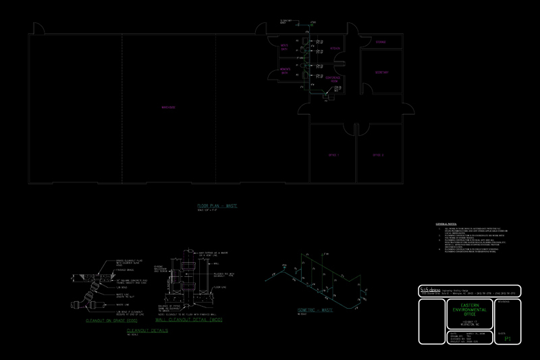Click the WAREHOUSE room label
point(168,107)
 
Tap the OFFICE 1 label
point(332,155)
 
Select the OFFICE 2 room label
point(378,155)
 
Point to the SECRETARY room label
point(382,73)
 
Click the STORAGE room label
point(381,42)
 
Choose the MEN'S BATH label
point(284,48)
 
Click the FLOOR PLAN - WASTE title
point(217,205)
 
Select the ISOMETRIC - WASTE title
point(315,310)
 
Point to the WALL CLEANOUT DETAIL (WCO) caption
point(189,321)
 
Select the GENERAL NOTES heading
point(446,224)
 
